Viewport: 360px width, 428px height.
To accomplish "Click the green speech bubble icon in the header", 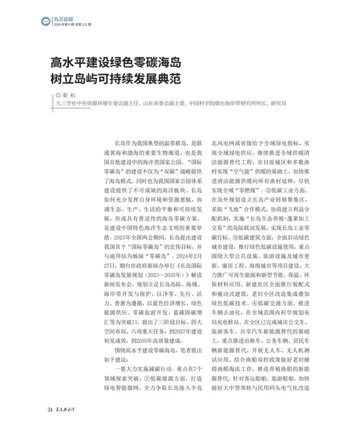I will pyautogui.click(x=46, y=21).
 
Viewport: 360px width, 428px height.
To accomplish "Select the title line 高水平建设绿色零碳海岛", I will pyautogui.click(x=116, y=64).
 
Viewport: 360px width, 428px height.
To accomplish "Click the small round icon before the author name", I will pyautogui.click(x=58, y=95).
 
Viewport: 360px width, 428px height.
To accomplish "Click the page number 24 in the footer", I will pyautogui.click(x=49, y=410).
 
